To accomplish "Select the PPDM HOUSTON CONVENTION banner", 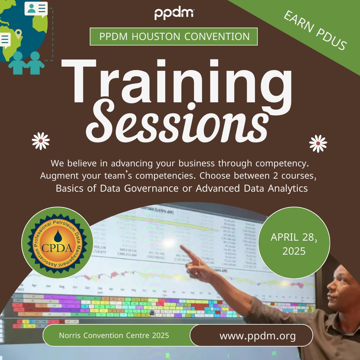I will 174,37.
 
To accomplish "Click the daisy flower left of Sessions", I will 41,141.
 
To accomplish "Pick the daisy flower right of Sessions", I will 318,143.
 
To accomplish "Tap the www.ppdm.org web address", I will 257,336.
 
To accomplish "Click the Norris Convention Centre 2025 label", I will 114,335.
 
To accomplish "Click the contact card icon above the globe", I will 36,9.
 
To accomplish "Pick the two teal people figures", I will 27,63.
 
